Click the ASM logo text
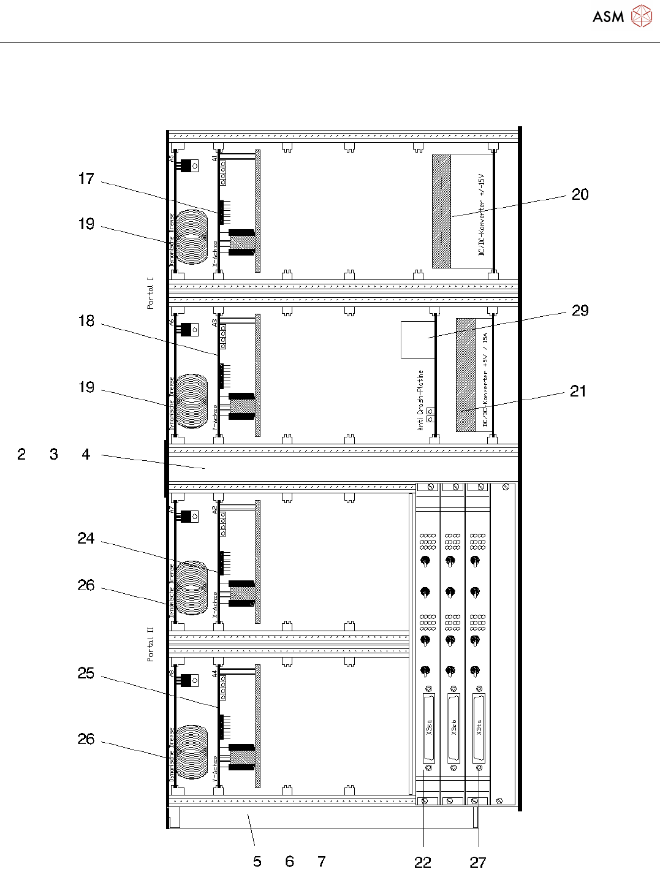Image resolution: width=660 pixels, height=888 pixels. pyautogui.click(x=608, y=17)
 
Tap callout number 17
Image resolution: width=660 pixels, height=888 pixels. pyautogui.click(x=86, y=179)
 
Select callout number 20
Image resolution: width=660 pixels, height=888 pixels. pyautogui.click(x=580, y=195)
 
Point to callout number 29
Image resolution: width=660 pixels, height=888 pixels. pyautogui.click(x=580, y=311)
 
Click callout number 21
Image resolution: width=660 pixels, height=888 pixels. pyautogui.click(x=578, y=391)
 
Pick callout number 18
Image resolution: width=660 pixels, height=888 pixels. pyautogui.click(x=86, y=321)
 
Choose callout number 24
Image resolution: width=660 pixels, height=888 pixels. pyautogui.click(x=86, y=539)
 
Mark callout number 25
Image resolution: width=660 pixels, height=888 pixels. pyautogui.click(x=86, y=674)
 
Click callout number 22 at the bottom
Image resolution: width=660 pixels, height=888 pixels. pyautogui.click(x=423, y=862)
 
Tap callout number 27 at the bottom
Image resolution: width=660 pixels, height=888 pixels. pyautogui.click(x=478, y=862)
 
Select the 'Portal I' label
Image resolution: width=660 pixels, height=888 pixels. pyautogui.click(x=151, y=293)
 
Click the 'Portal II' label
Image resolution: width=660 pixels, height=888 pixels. pyautogui.click(x=151, y=644)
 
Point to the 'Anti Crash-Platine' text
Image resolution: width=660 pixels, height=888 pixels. pyautogui.click(x=421, y=400)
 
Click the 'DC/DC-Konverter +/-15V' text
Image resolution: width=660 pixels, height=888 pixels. pyautogui.click(x=482, y=214)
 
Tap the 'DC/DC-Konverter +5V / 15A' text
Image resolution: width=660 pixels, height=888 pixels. pyautogui.click(x=485, y=381)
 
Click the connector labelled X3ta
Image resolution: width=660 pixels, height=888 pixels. pyautogui.click(x=479, y=727)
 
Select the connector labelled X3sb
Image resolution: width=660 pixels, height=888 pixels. pyautogui.click(x=454, y=727)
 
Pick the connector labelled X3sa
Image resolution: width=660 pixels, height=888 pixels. pyautogui.click(x=429, y=727)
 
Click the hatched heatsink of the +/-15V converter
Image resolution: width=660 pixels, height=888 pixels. pyautogui.click(x=441, y=211)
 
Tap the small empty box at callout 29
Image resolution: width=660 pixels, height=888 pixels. pyautogui.click(x=417, y=340)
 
